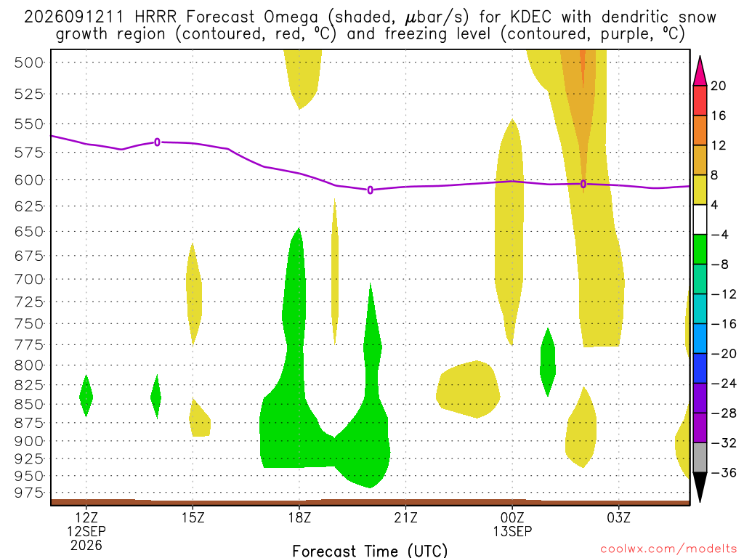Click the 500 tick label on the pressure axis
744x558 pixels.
pos(28,62)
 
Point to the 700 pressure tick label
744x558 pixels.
pos(28,279)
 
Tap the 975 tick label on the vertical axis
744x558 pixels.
pos(28,493)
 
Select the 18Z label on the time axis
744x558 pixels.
pos(299,517)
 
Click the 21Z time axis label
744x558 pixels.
pos(405,517)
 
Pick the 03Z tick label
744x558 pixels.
pos(619,517)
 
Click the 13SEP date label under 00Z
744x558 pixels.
pos(512,531)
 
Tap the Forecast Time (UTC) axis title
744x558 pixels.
pos(370,551)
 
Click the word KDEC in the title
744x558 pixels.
pos(531,17)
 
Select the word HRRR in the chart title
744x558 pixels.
pos(155,17)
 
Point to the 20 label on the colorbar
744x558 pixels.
pos(718,86)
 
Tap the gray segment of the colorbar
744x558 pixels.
pos(700,458)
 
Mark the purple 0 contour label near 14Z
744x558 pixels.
pos(158,142)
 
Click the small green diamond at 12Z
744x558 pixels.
pos(86,396)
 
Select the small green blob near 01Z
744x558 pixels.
pos(548,362)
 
